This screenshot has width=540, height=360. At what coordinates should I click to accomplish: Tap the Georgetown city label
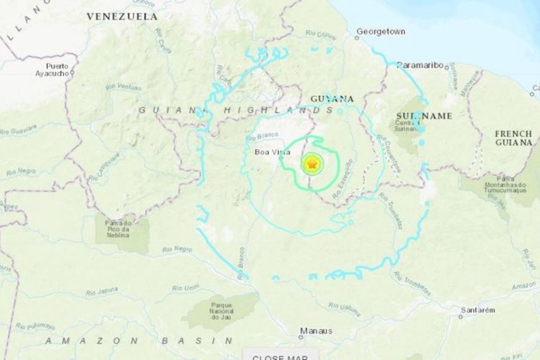[x=381, y=31]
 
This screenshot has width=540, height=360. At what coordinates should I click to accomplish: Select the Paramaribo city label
[x=419, y=65]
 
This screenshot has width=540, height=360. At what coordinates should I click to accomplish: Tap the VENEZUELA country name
[x=122, y=17]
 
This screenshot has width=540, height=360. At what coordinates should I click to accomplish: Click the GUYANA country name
[x=332, y=99]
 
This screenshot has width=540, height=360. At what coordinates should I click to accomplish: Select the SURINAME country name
[x=424, y=116]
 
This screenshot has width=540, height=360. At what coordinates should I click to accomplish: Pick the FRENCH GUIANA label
[x=513, y=138]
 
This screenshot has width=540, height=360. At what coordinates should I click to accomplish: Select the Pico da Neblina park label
[x=118, y=229]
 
